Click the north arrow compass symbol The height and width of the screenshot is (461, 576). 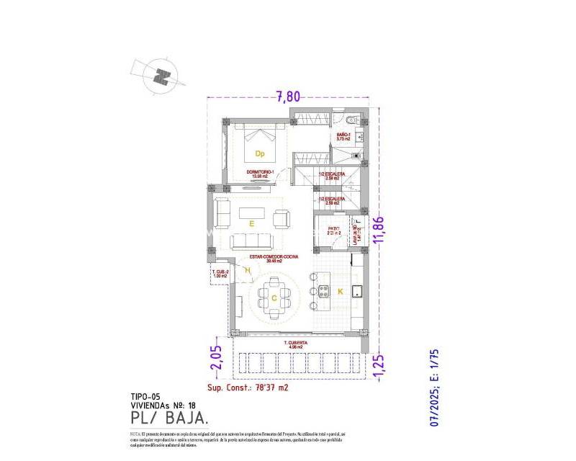(x=163, y=75)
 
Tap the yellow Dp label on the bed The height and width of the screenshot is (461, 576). (x=260, y=153)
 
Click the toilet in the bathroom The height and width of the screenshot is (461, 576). (x=351, y=120)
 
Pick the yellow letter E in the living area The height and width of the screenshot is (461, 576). (x=251, y=224)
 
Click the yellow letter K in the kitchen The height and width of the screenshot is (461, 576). (x=341, y=291)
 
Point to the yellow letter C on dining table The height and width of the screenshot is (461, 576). (x=274, y=297)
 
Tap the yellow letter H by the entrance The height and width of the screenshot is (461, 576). (x=247, y=270)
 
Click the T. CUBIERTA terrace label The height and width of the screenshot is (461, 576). (x=296, y=344)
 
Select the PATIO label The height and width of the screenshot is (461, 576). (x=333, y=230)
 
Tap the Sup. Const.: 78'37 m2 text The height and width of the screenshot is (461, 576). (x=248, y=387)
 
